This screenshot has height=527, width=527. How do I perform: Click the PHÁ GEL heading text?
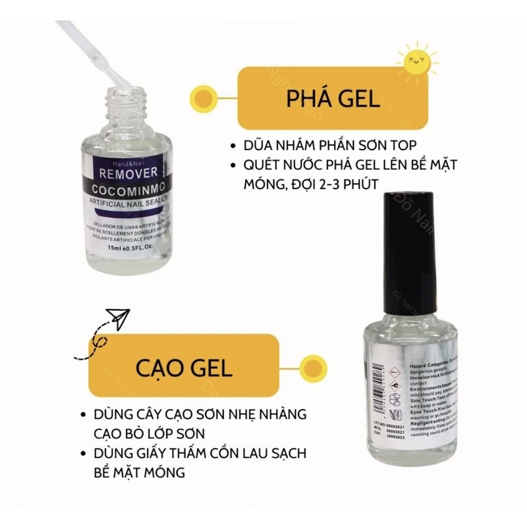click(333, 99)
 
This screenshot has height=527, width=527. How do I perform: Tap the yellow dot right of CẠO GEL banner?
click(310, 366)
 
